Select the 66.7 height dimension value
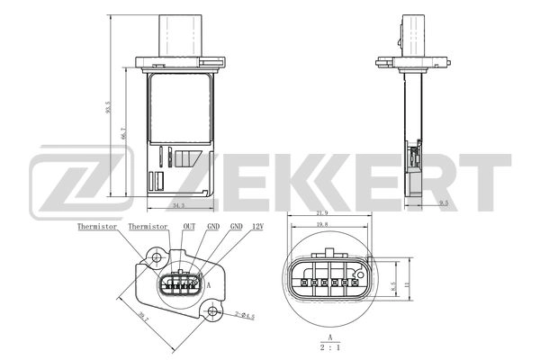pyautogui.click(x=123, y=132)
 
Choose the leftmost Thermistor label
pyautogui.click(x=97, y=229)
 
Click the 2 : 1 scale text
pyautogui.click(x=331, y=346)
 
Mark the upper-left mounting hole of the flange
pyautogui.click(x=157, y=259)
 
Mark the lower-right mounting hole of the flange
pyautogui.click(x=213, y=312)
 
